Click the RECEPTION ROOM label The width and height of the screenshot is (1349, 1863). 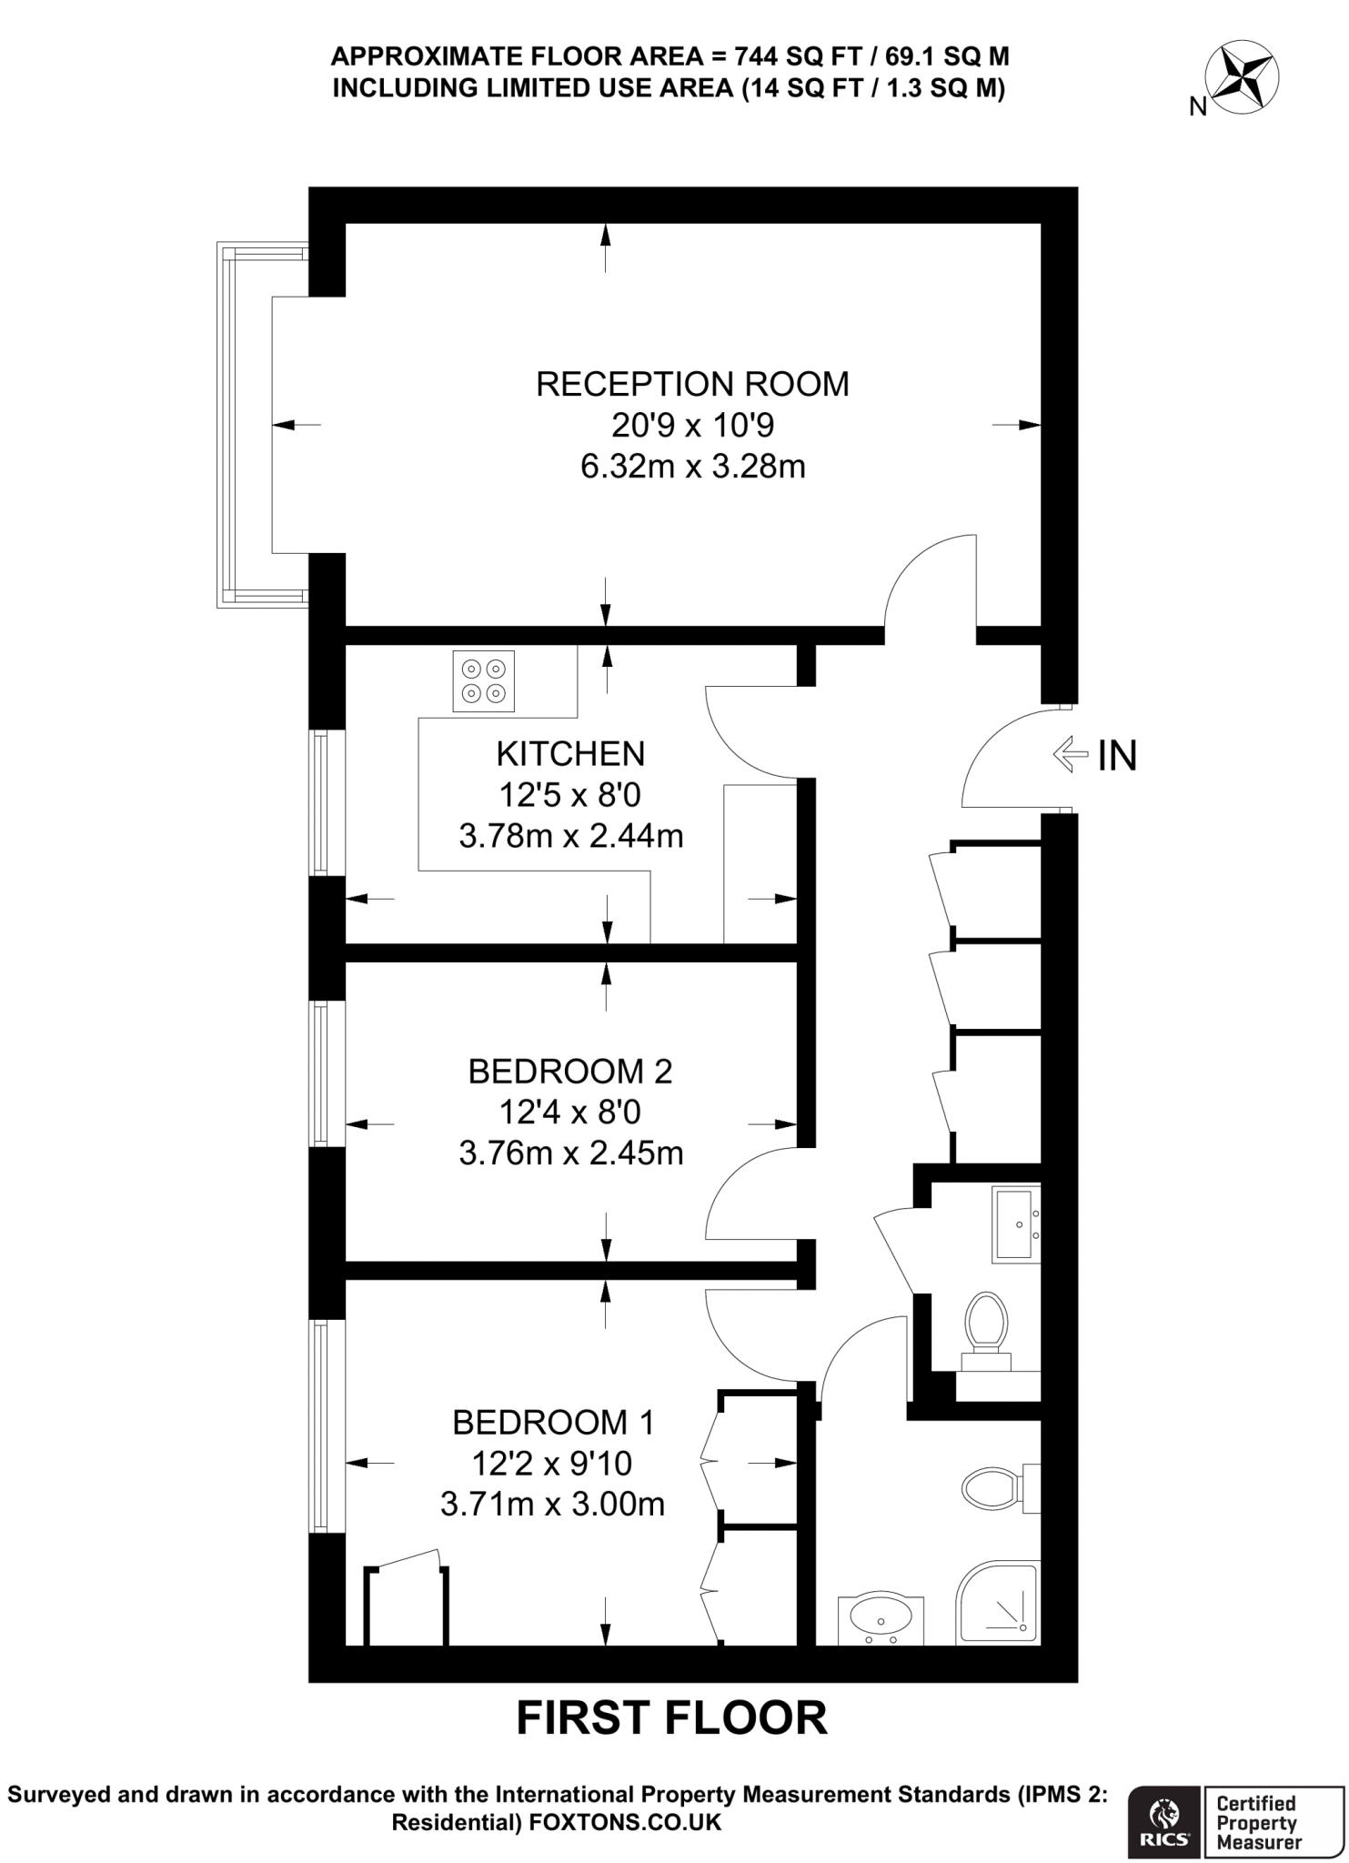point(692,384)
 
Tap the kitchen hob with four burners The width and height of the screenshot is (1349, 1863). point(483,681)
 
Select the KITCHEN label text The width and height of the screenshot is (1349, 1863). point(570,754)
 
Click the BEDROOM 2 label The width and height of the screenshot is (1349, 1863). point(570,1072)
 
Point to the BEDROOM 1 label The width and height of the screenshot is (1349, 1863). point(553,1421)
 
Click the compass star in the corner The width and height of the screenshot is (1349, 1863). point(1242,76)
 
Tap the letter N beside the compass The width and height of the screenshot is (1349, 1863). point(1198,107)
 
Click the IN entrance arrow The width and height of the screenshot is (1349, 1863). point(1070,754)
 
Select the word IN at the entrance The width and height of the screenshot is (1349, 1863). point(1117,756)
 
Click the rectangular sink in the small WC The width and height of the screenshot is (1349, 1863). point(1015,1224)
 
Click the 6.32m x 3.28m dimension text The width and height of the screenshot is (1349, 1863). point(692,467)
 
